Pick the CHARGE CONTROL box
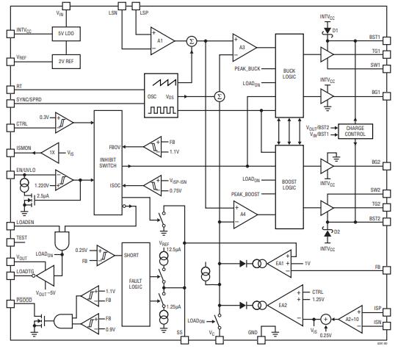click(x=355, y=131)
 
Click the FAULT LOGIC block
click(x=136, y=282)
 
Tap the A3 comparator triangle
click(x=243, y=48)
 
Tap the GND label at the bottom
click(x=253, y=332)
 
